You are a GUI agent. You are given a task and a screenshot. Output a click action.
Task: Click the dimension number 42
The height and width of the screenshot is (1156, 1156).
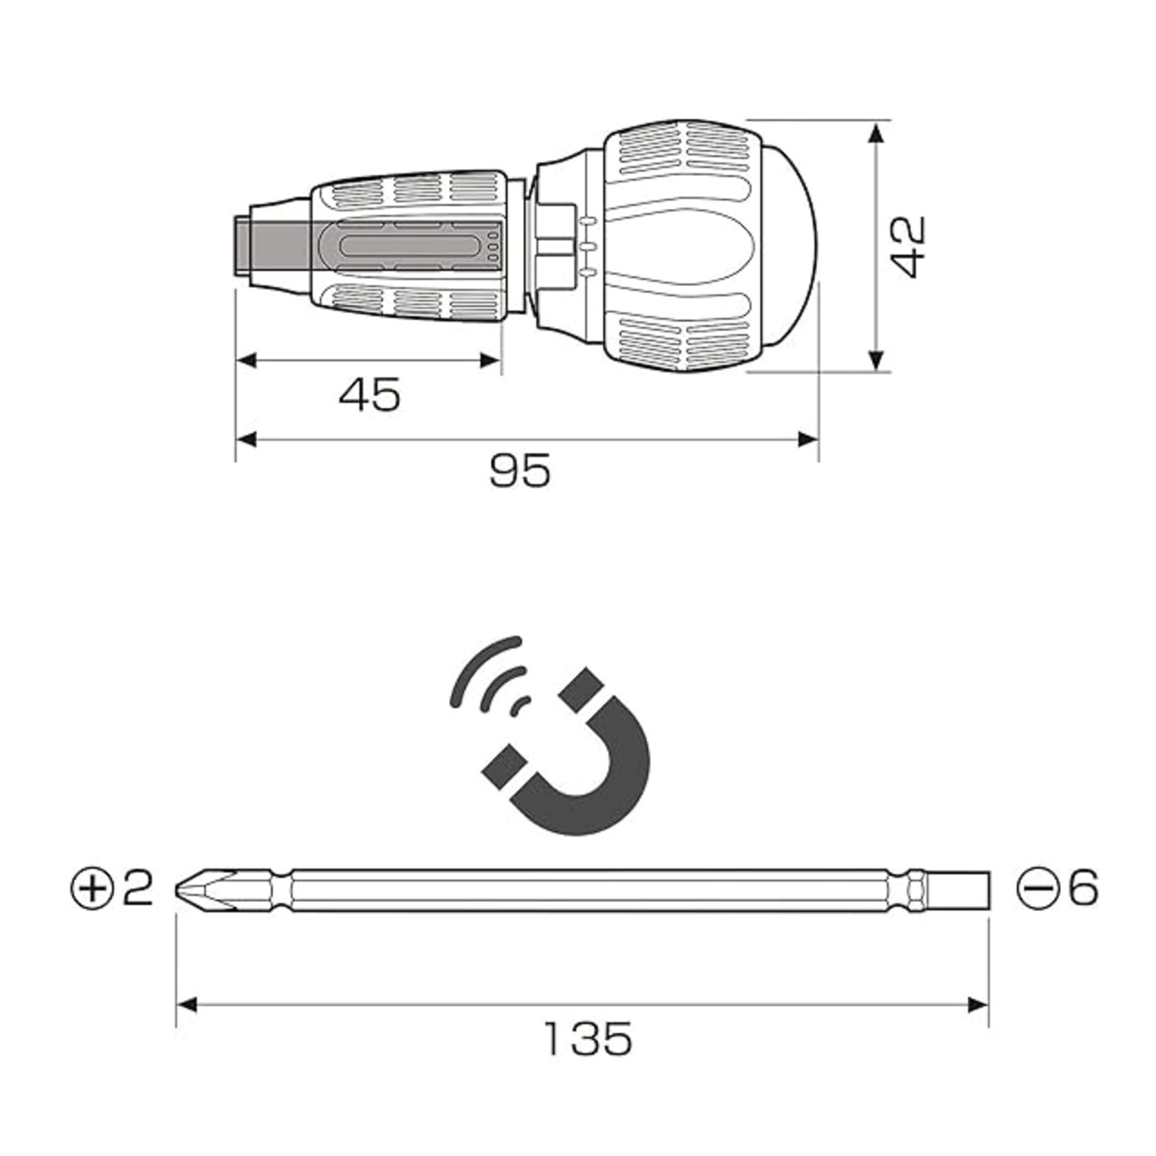point(909,247)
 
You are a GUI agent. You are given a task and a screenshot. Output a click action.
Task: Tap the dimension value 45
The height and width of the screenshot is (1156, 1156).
point(369,395)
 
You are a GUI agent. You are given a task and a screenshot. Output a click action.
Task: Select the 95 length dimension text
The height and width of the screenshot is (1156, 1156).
point(519,471)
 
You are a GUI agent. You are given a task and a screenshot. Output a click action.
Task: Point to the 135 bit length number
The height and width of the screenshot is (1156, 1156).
point(589,1039)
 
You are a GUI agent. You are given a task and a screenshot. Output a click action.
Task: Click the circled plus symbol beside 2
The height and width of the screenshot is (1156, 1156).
point(92,888)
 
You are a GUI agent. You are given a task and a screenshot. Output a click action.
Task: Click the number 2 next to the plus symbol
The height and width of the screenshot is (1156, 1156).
point(137,889)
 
